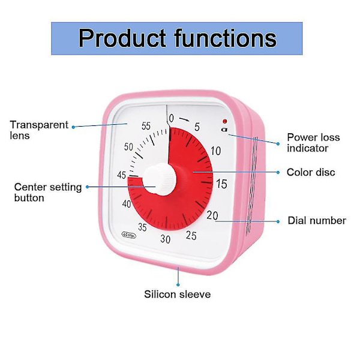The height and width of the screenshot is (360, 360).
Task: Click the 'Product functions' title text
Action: [x=177, y=38]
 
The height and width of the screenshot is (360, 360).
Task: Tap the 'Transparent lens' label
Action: [x=39, y=130]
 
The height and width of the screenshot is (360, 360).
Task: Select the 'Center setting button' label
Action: [x=47, y=192]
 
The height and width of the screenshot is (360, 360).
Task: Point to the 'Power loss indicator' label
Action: [x=313, y=142]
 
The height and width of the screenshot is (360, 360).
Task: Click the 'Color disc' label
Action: [x=311, y=172]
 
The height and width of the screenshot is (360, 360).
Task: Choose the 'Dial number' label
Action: [x=317, y=221]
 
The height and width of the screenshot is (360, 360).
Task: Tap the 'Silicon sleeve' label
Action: [x=177, y=294]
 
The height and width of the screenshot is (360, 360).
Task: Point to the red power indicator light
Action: [x=224, y=121]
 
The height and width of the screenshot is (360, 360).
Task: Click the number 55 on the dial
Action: [x=146, y=126]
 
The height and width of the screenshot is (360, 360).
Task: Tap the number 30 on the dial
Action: [x=165, y=239]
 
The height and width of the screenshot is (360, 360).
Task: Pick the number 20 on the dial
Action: [x=212, y=215]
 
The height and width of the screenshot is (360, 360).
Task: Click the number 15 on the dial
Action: [x=221, y=184]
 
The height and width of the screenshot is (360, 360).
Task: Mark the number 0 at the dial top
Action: [x=171, y=118]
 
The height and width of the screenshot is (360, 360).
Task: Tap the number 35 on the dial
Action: [x=142, y=227]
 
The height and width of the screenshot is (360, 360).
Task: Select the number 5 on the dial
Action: [x=197, y=127]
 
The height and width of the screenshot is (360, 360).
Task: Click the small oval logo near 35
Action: [x=129, y=235]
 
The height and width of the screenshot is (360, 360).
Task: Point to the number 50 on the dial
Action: [x=129, y=147]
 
